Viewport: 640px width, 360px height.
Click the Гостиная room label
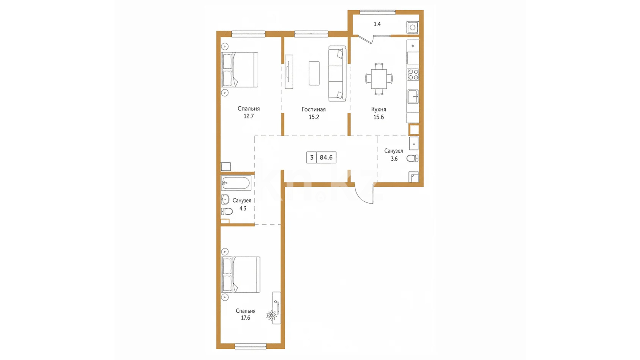pyautogui.click(x=314, y=109)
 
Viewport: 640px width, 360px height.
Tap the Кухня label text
pyautogui.click(x=379, y=109)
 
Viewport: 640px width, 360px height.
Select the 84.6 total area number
pyautogui.click(x=326, y=157)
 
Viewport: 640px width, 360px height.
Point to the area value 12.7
pyautogui.click(x=249, y=116)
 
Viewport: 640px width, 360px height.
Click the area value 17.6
pyautogui.click(x=246, y=318)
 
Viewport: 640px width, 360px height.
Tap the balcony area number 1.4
pyautogui.click(x=377, y=24)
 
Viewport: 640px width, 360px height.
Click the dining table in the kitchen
pyautogui.click(x=379, y=79)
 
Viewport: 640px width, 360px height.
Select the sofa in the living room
pyautogui.click(x=337, y=73)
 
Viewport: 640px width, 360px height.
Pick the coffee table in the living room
pyautogui.click(x=314, y=73)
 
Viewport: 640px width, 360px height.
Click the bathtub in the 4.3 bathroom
pyautogui.click(x=236, y=183)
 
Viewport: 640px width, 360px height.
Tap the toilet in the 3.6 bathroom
pyautogui.click(x=413, y=158)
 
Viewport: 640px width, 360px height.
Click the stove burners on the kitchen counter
pyautogui.click(x=413, y=75)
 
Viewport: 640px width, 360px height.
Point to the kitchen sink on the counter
pyautogui.click(x=413, y=97)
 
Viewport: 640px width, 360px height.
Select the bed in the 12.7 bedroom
pyautogui.click(x=240, y=69)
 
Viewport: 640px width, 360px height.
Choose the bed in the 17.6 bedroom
pyautogui.click(x=241, y=275)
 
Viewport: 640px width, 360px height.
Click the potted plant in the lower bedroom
pyautogui.click(x=271, y=315)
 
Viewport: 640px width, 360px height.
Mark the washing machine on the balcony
pyautogui.click(x=412, y=27)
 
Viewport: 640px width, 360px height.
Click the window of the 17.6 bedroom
pyautogui.click(x=251, y=347)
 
